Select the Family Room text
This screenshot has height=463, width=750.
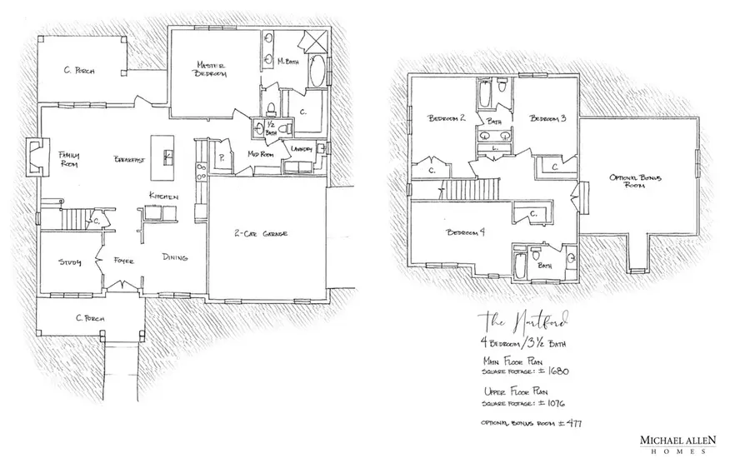click(x=67, y=160)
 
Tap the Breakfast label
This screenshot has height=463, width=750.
click(x=127, y=159)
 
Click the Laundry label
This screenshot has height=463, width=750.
click(x=302, y=148)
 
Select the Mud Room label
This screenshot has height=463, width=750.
click(x=262, y=154)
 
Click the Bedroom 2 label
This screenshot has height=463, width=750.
click(x=446, y=118)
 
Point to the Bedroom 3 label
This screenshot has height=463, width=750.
click(x=548, y=118)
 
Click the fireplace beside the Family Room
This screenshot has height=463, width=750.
click(x=35, y=158)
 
